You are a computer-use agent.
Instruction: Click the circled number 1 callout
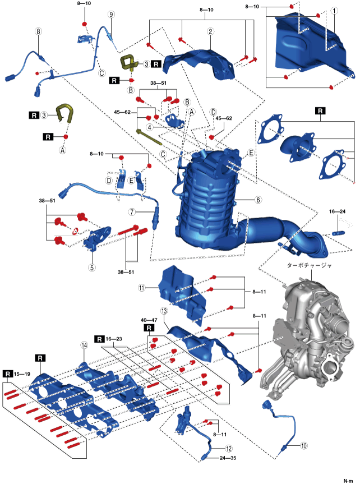pyautogui.click(x=334, y=11)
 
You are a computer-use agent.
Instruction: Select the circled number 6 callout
pyautogui.click(x=259, y=200)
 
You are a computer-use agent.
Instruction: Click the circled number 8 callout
pyautogui.click(x=38, y=31)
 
